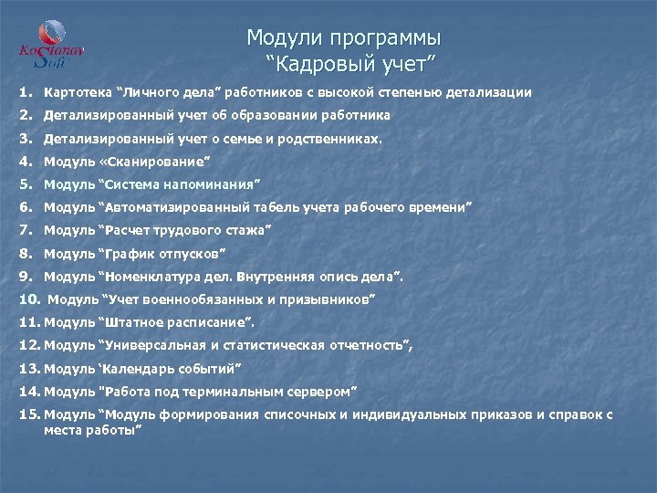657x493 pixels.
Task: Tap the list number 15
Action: click(28, 414)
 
